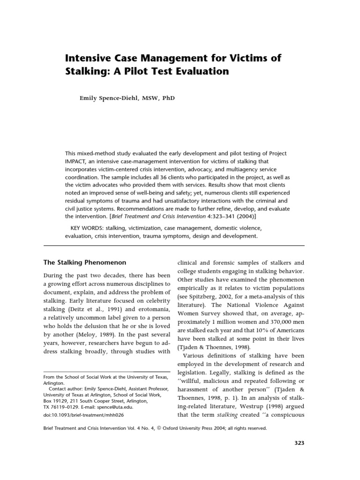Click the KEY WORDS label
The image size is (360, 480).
tap(87, 228)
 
